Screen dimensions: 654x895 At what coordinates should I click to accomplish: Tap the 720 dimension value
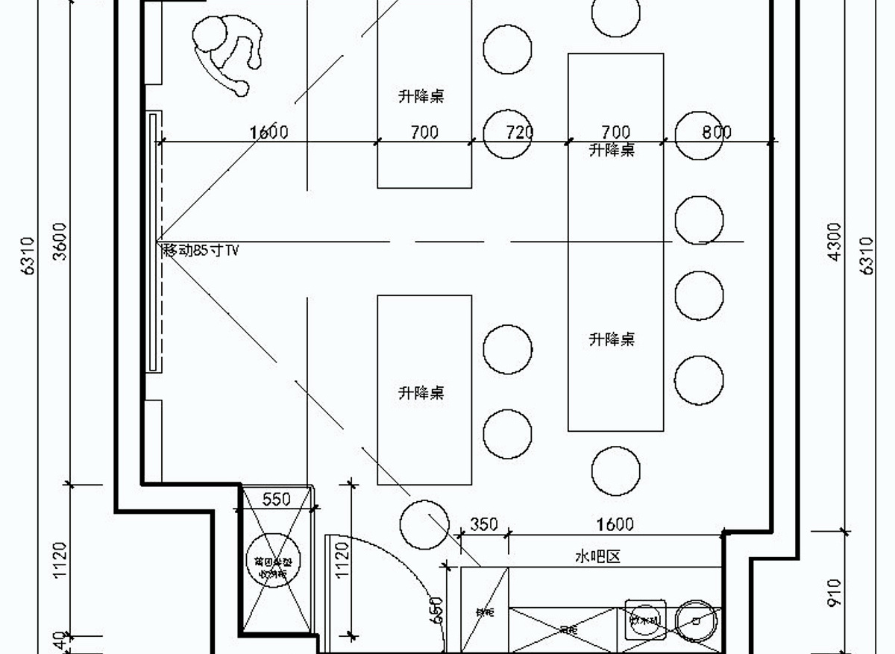520,132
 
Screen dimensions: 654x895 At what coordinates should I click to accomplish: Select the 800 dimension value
716,132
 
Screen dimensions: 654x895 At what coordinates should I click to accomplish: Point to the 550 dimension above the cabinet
276,499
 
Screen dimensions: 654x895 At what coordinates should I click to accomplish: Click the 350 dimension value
483,524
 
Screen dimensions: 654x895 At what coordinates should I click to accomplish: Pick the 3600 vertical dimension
60,241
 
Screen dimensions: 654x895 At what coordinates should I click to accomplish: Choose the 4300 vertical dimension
835,241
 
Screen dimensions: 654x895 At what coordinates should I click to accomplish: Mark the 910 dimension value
835,592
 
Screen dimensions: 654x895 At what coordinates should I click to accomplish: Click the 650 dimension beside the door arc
437,609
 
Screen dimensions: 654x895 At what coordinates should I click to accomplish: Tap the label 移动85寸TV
201,251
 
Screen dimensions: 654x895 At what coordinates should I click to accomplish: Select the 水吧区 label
597,556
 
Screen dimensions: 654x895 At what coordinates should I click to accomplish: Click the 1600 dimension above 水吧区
615,524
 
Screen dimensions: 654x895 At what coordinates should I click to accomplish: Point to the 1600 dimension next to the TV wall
268,132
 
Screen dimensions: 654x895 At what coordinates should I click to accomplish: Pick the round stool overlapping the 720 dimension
507,135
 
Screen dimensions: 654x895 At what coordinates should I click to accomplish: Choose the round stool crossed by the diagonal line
424,524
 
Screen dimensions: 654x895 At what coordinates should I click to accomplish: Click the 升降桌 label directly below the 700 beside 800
612,150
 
